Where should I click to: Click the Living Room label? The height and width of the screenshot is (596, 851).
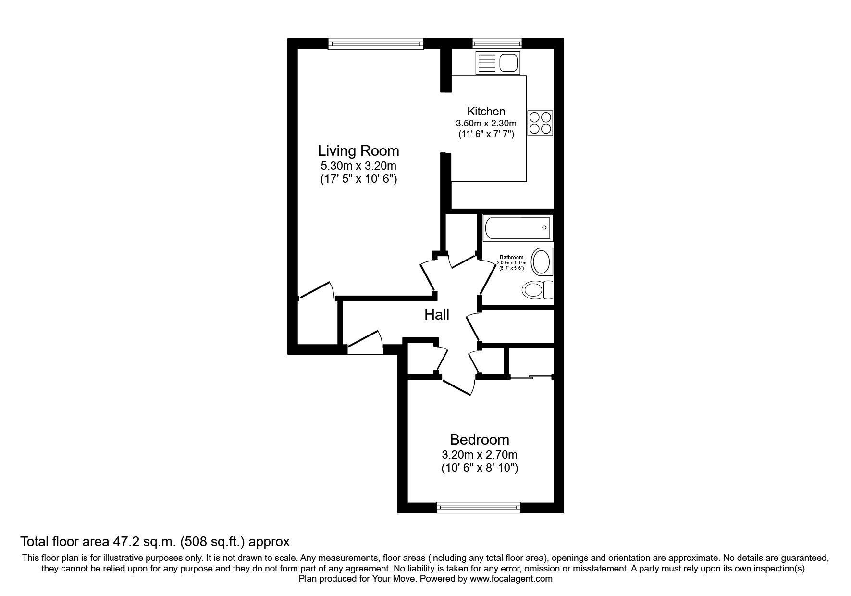(x=358, y=151)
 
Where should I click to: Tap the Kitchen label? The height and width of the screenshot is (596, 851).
(x=486, y=112)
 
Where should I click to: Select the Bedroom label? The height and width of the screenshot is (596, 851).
(x=479, y=439)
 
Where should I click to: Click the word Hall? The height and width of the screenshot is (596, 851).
(x=436, y=315)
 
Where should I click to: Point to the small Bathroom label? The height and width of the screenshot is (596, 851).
(x=511, y=257)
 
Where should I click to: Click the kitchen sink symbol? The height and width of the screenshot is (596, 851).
(x=497, y=63)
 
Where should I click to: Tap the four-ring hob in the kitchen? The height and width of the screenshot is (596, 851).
(x=540, y=123)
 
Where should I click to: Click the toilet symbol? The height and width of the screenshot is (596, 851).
(x=537, y=290)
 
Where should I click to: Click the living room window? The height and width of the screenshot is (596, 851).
(x=376, y=44)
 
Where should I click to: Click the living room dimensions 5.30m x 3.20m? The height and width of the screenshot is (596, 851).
(x=358, y=166)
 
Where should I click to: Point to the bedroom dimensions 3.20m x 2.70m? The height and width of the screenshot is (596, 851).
(x=479, y=454)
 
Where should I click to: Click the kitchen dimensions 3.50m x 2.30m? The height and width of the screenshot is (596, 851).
(x=486, y=124)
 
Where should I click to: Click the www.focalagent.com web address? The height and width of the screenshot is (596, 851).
(x=511, y=579)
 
